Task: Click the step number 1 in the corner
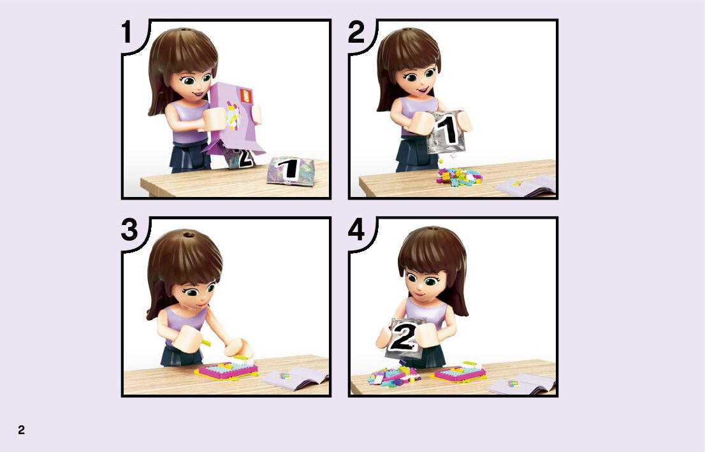(x=127, y=33)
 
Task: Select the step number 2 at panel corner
(x=356, y=33)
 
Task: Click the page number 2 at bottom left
(x=21, y=430)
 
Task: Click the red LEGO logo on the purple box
(x=246, y=96)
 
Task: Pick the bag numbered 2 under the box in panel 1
(x=239, y=157)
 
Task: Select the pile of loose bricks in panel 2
(x=458, y=176)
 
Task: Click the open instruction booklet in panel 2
(x=527, y=186)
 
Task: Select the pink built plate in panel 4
(x=458, y=373)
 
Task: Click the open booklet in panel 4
(x=523, y=384)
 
